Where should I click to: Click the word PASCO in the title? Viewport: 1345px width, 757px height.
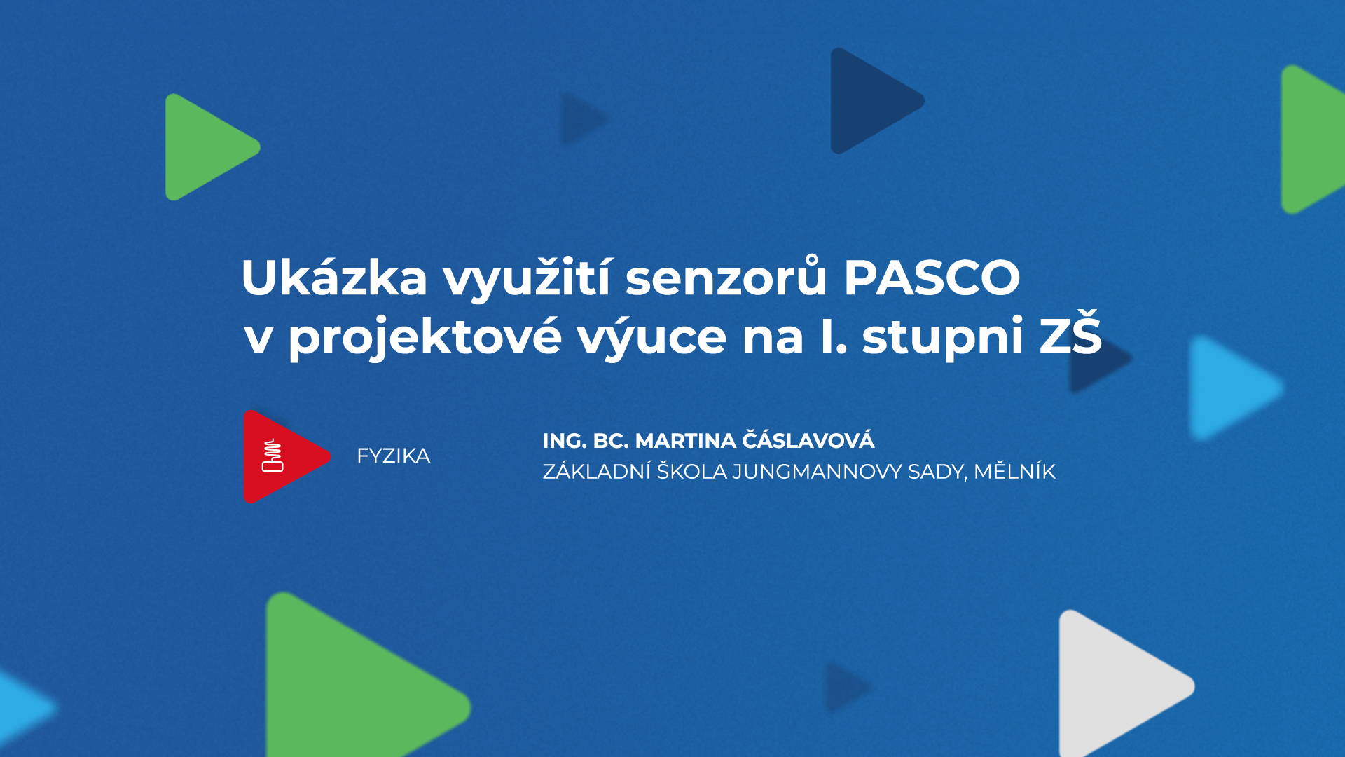931,278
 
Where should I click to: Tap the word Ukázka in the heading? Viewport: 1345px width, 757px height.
334,278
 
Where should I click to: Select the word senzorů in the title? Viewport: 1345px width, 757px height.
726,278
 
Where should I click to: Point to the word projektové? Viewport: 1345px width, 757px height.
425,337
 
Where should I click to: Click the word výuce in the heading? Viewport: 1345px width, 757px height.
652,337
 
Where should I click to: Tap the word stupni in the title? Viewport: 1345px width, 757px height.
943,337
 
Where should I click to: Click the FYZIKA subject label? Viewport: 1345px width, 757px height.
393,456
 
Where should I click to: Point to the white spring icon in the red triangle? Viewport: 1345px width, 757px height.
273,456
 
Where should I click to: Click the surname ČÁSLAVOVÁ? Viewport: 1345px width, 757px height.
808,440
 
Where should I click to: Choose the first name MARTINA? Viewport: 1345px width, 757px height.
685,441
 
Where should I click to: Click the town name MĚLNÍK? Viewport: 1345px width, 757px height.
1014,471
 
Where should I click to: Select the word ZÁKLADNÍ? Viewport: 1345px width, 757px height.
596,472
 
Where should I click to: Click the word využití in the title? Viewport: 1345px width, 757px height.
526,278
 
